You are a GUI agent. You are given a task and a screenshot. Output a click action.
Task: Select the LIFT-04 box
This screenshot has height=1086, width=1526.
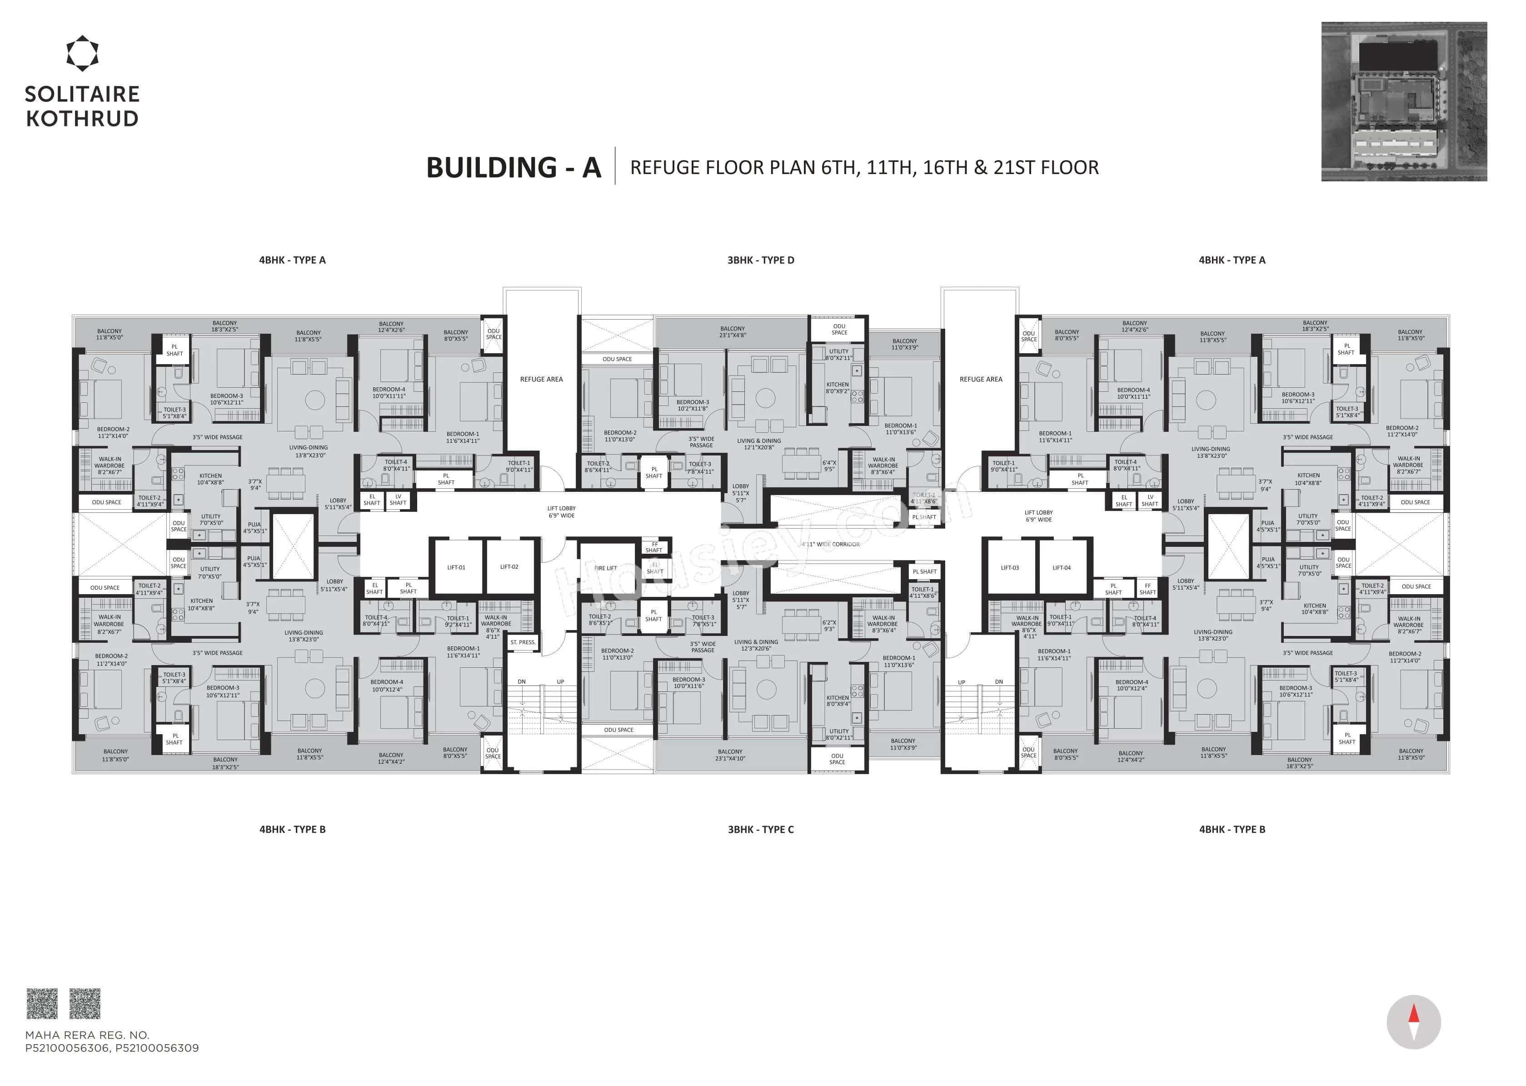coord(1062,567)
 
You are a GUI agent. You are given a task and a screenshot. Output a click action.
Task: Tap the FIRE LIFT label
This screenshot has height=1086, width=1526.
coord(606,568)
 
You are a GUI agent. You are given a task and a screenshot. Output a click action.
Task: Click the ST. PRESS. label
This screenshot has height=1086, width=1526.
coord(523,642)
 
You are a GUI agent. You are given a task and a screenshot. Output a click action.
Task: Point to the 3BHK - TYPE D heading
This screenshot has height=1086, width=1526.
coord(761,260)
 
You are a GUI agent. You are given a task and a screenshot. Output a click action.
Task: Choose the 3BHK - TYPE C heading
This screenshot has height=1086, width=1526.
coord(761,829)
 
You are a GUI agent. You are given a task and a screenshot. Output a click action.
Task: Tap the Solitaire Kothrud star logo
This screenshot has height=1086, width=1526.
coord(82,54)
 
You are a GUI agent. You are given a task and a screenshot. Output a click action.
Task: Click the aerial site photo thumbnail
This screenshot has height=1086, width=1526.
coord(1404,102)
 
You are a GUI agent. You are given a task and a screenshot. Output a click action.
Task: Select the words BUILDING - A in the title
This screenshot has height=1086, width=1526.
coord(514,167)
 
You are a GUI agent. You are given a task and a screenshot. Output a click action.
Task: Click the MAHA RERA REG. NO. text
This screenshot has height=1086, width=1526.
coord(87,1035)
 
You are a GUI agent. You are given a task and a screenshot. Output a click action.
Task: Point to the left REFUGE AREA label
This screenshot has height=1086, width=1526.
coord(541,379)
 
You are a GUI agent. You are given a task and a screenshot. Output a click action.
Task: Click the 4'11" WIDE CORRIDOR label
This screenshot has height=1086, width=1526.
coord(830,544)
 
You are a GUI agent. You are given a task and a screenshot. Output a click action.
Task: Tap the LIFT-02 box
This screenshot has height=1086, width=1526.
coord(509,567)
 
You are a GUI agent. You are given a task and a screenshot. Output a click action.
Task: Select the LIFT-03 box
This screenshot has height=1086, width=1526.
coord(1010,567)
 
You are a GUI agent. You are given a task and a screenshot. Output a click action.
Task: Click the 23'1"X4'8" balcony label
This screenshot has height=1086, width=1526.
coord(733,332)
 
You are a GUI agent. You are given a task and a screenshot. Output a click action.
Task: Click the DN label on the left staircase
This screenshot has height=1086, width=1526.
coord(521,682)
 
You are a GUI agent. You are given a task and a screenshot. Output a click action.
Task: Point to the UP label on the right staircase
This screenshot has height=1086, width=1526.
coord(961,682)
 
